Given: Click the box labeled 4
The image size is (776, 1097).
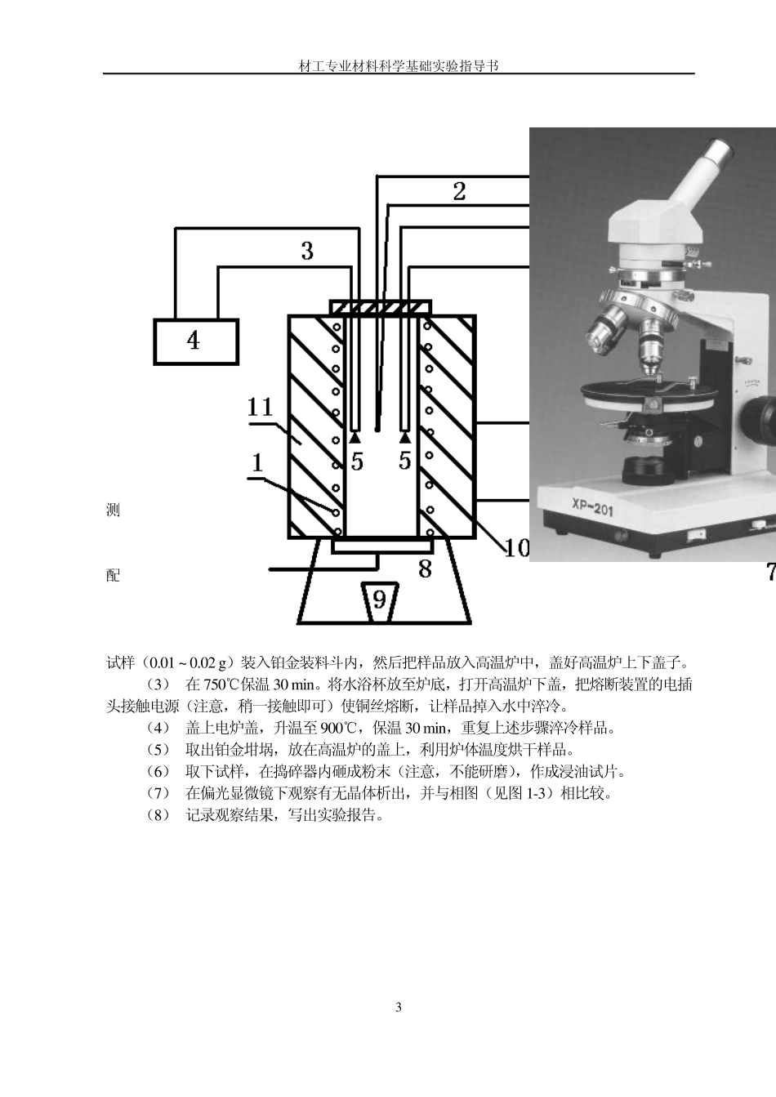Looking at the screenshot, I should (x=196, y=341).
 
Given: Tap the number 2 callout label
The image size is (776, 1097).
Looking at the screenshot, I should (x=460, y=191).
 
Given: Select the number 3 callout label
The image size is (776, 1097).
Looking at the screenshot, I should (x=307, y=251).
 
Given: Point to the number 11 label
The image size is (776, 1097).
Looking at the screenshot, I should (x=261, y=406).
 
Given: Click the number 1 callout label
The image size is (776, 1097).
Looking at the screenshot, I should (x=257, y=463).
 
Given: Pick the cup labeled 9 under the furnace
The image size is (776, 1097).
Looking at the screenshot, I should (x=379, y=600).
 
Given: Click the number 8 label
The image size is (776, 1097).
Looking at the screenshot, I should (x=425, y=569).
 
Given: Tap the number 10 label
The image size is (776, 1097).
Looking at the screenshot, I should (x=515, y=548).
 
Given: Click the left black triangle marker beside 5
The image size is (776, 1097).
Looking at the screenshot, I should (x=355, y=439).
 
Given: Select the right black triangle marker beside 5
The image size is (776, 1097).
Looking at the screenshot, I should (x=404, y=439).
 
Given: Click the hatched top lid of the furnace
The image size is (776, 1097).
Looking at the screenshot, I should (x=380, y=306).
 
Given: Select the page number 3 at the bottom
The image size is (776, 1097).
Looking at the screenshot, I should (x=399, y=1007).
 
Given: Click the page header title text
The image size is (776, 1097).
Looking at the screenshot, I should (x=399, y=65).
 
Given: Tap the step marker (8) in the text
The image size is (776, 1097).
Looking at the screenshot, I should (x=158, y=815).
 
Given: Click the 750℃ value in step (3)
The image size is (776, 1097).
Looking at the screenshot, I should (x=221, y=684).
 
